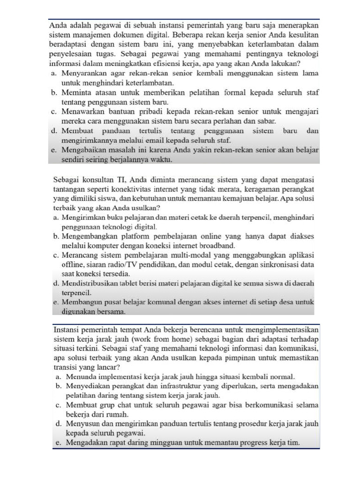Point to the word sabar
pyautogui.click(x=266, y=120)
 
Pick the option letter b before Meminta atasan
pyautogui.click(x=54, y=92)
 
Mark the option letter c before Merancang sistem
pyautogui.click(x=55, y=255)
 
